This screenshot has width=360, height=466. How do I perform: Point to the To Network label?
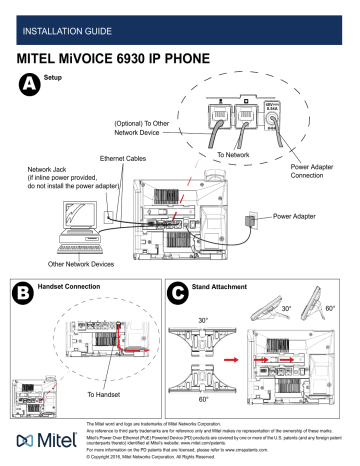click(235, 156)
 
